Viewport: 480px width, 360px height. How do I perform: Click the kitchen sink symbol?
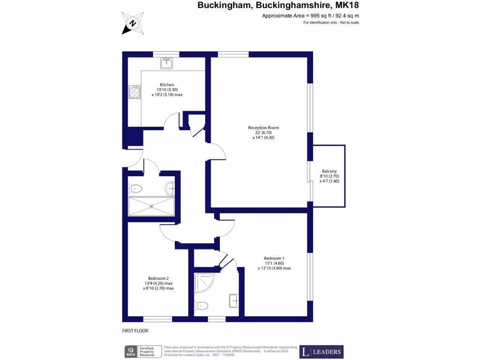(x=166, y=63)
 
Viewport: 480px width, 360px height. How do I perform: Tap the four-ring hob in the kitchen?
(x=135, y=91)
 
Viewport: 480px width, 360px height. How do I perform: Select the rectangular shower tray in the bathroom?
(x=151, y=206)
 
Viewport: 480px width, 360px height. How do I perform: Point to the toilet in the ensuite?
(x=201, y=306)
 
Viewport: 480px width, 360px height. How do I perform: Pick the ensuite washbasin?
(x=234, y=300)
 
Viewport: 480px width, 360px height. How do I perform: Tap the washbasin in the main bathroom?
(x=170, y=188)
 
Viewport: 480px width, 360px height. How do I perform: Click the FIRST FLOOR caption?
(x=135, y=330)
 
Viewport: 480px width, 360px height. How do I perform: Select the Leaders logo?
(x=322, y=352)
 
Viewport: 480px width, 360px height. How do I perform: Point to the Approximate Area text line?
(x=310, y=16)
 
